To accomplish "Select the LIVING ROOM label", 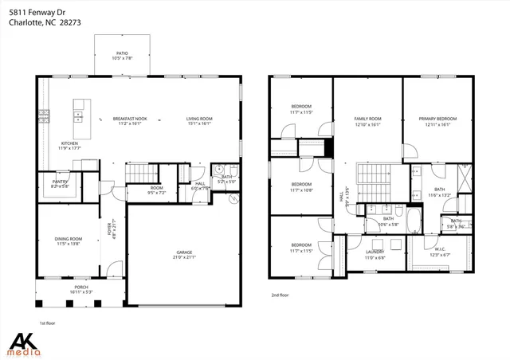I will (199, 118).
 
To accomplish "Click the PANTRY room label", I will (60, 182).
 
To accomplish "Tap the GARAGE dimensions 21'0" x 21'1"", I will (184, 257).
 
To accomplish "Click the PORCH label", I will (80, 288).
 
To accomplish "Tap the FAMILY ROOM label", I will (367, 118).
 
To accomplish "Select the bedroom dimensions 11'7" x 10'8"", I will (301, 190).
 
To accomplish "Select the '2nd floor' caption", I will (280, 295).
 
